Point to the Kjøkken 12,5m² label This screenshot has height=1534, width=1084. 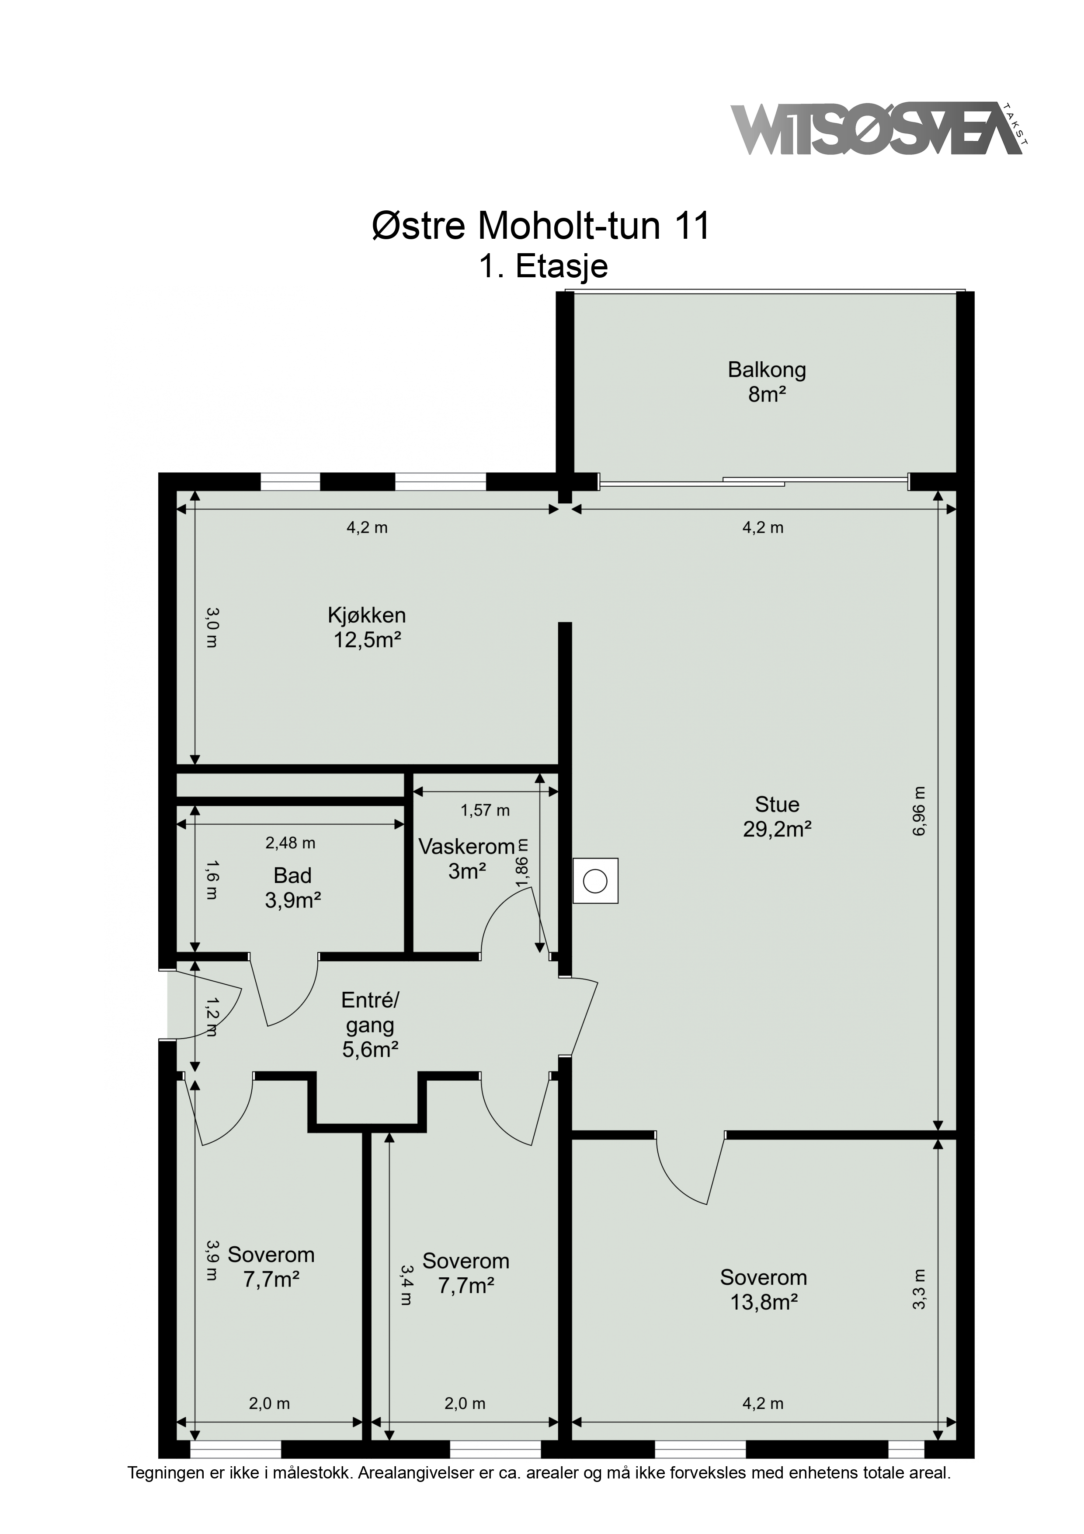point(367,628)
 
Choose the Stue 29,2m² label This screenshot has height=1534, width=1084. point(777,816)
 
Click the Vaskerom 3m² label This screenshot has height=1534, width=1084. point(466,858)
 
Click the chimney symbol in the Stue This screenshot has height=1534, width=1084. point(595,881)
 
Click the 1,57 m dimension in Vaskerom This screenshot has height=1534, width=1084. point(485,810)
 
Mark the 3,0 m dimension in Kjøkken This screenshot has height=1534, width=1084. point(211,628)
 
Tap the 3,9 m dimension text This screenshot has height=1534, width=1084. point(211,1260)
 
